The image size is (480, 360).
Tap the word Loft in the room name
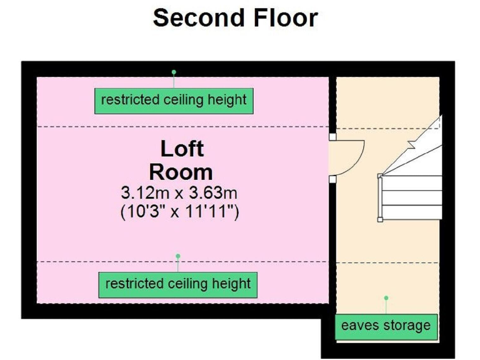click(x=182, y=149)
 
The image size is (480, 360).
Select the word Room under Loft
click(x=181, y=171)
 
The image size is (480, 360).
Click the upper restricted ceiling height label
click(x=174, y=100)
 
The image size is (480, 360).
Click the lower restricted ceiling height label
click(x=178, y=284)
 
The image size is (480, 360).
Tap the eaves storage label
click(x=386, y=326)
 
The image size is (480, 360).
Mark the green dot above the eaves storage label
click(x=386, y=298)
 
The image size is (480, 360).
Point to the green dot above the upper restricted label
click(x=174, y=72)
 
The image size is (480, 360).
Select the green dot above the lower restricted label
click(x=178, y=256)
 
